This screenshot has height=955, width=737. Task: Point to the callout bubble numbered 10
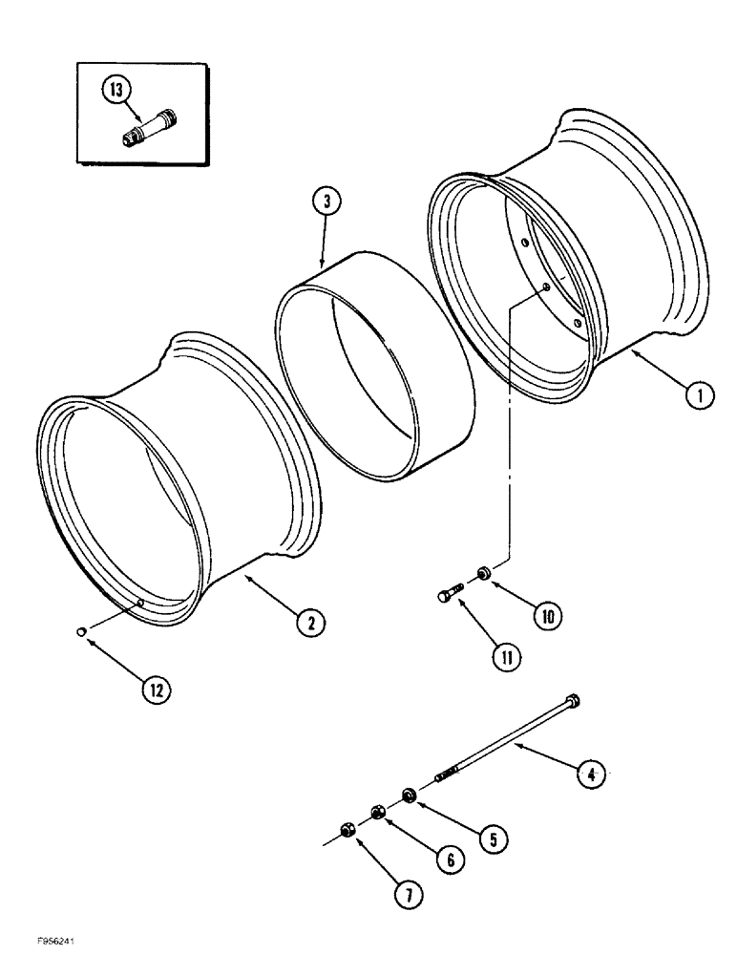click(547, 616)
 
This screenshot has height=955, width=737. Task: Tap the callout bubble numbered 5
click(494, 838)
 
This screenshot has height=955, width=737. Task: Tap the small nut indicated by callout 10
click(485, 573)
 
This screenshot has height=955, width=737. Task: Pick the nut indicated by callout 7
click(347, 830)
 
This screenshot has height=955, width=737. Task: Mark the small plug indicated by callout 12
click(82, 630)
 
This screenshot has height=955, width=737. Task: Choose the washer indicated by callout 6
click(378, 812)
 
